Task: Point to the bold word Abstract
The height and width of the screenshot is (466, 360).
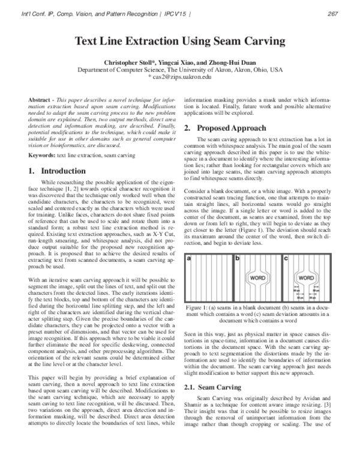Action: (42, 99)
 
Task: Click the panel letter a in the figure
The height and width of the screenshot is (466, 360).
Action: (189, 258)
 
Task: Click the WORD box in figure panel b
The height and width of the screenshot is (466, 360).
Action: (258, 279)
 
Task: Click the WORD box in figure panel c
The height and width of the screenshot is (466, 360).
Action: (305, 279)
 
